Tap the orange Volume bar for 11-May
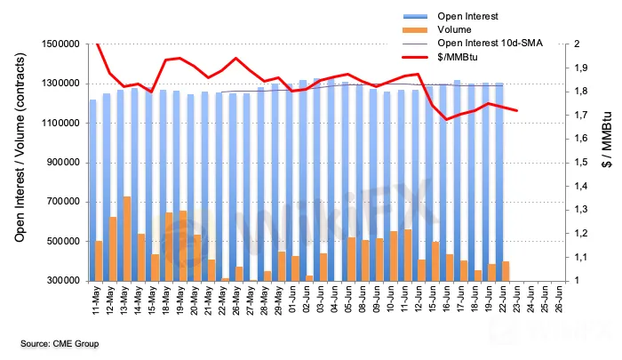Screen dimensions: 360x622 [x=99, y=260]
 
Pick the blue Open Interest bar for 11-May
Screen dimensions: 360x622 [x=92, y=190]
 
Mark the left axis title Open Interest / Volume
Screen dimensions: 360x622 [x=18, y=161]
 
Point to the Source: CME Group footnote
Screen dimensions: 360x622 [x=60, y=343]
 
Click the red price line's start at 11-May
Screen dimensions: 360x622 [x=97, y=44]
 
